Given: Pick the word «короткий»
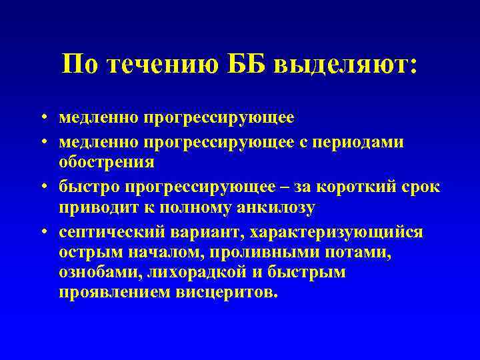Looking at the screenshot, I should click(x=351, y=185).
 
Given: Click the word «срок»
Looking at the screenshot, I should click(x=419, y=185).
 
